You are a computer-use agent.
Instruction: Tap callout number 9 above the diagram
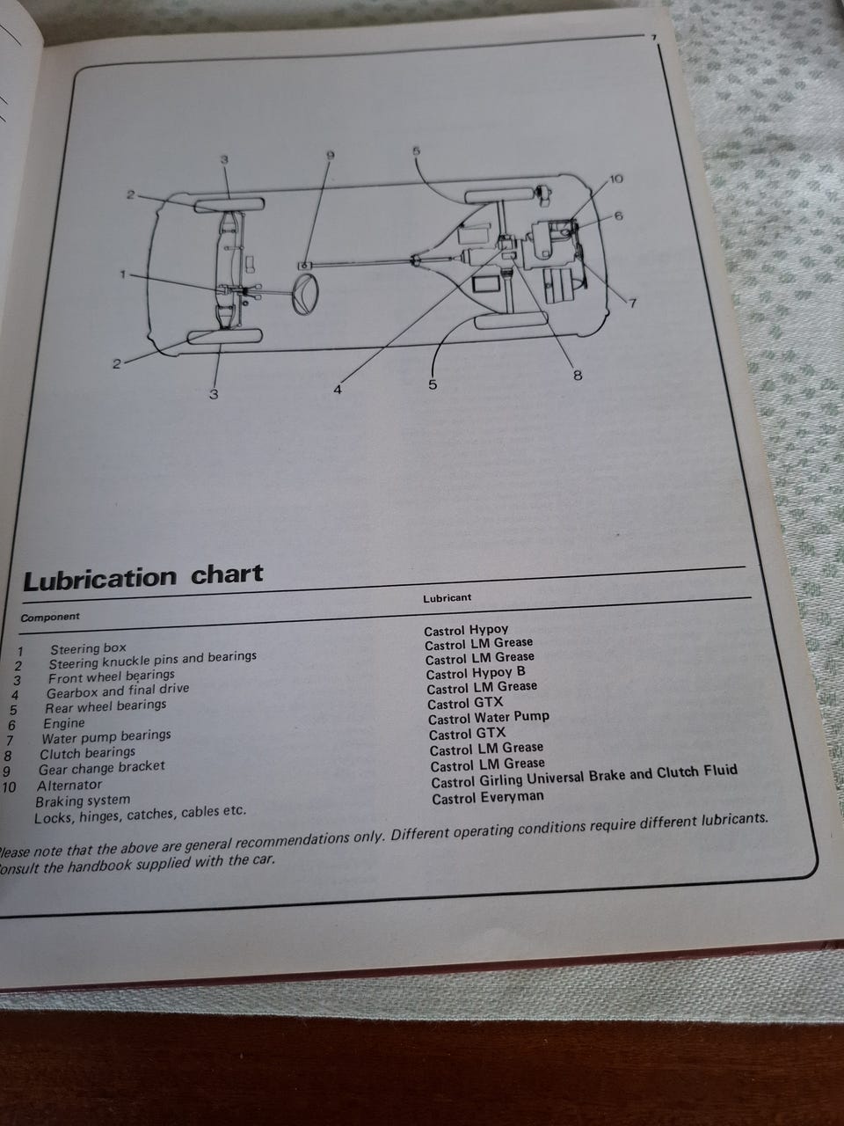point(331,156)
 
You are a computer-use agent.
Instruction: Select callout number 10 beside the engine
point(616,179)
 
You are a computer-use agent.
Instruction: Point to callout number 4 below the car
point(338,390)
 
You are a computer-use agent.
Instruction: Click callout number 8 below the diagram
point(578,376)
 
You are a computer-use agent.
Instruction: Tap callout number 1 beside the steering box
point(122,274)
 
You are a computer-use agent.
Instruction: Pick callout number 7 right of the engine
point(632,303)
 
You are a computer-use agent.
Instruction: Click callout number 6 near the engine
point(619,216)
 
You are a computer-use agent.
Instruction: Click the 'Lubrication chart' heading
point(143,576)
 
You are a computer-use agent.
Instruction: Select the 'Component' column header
point(50,618)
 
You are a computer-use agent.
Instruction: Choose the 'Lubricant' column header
point(447,598)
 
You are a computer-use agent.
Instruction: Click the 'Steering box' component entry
point(88,649)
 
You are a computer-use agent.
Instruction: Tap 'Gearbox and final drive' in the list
point(118,691)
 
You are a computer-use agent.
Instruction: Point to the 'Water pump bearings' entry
point(106,738)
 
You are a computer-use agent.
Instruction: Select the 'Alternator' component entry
point(69,786)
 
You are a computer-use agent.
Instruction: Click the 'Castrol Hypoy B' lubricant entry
point(476,674)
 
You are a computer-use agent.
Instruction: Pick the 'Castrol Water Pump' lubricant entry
point(488,718)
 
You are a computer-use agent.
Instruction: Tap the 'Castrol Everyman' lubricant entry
point(488,798)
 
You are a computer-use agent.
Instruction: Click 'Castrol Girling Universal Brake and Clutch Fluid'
point(584,777)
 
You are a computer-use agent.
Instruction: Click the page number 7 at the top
point(653,37)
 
